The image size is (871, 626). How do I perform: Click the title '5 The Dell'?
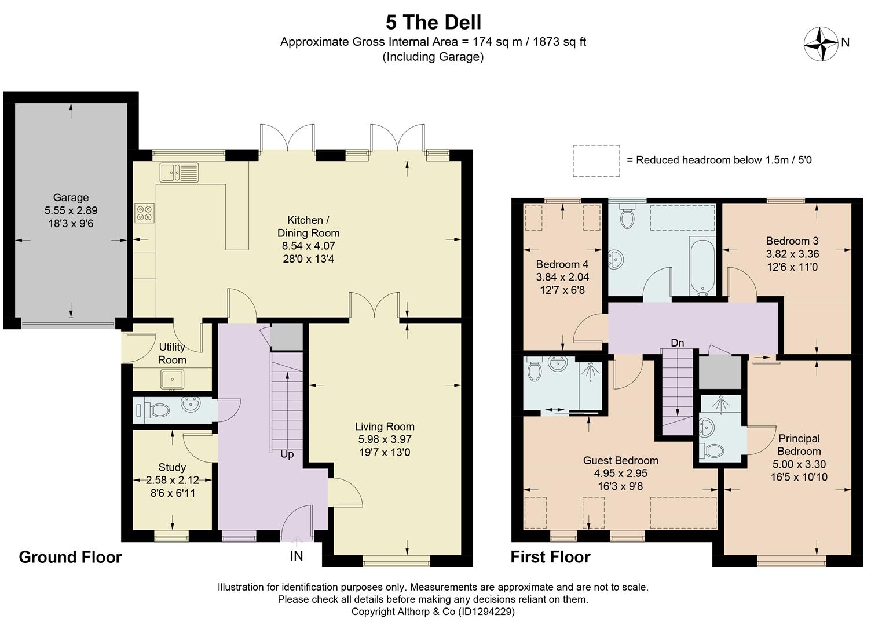pyautogui.click(x=433, y=23)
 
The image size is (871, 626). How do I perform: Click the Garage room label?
pyautogui.click(x=71, y=198)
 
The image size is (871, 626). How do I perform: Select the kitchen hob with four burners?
pyautogui.click(x=144, y=213)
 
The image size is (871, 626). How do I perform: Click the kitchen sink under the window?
pyautogui.click(x=179, y=172)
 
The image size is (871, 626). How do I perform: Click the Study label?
pyautogui.click(x=172, y=467)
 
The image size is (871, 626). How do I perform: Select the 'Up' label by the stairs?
pyautogui.click(x=287, y=454)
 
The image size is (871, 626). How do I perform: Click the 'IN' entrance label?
pyautogui.click(x=297, y=556)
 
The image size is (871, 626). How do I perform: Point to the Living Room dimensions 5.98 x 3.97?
pyautogui.click(x=385, y=439)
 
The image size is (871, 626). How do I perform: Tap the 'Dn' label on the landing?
pyautogui.click(x=678, y=343)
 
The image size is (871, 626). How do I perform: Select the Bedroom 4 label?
pyautogui.click(x=562, y=264)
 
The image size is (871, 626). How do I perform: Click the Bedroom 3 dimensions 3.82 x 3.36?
pyautogui.click(x=792, y=254)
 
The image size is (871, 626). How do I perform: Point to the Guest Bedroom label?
pyautogui.click(x=621, y=461)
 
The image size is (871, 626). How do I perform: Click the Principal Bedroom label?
pyautogui.click(x=799, y=445)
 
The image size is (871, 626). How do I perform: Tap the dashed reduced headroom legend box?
pyautogui.click(x=596, y=161)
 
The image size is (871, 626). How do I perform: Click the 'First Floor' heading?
pyautogui.click(x=550, y=557)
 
